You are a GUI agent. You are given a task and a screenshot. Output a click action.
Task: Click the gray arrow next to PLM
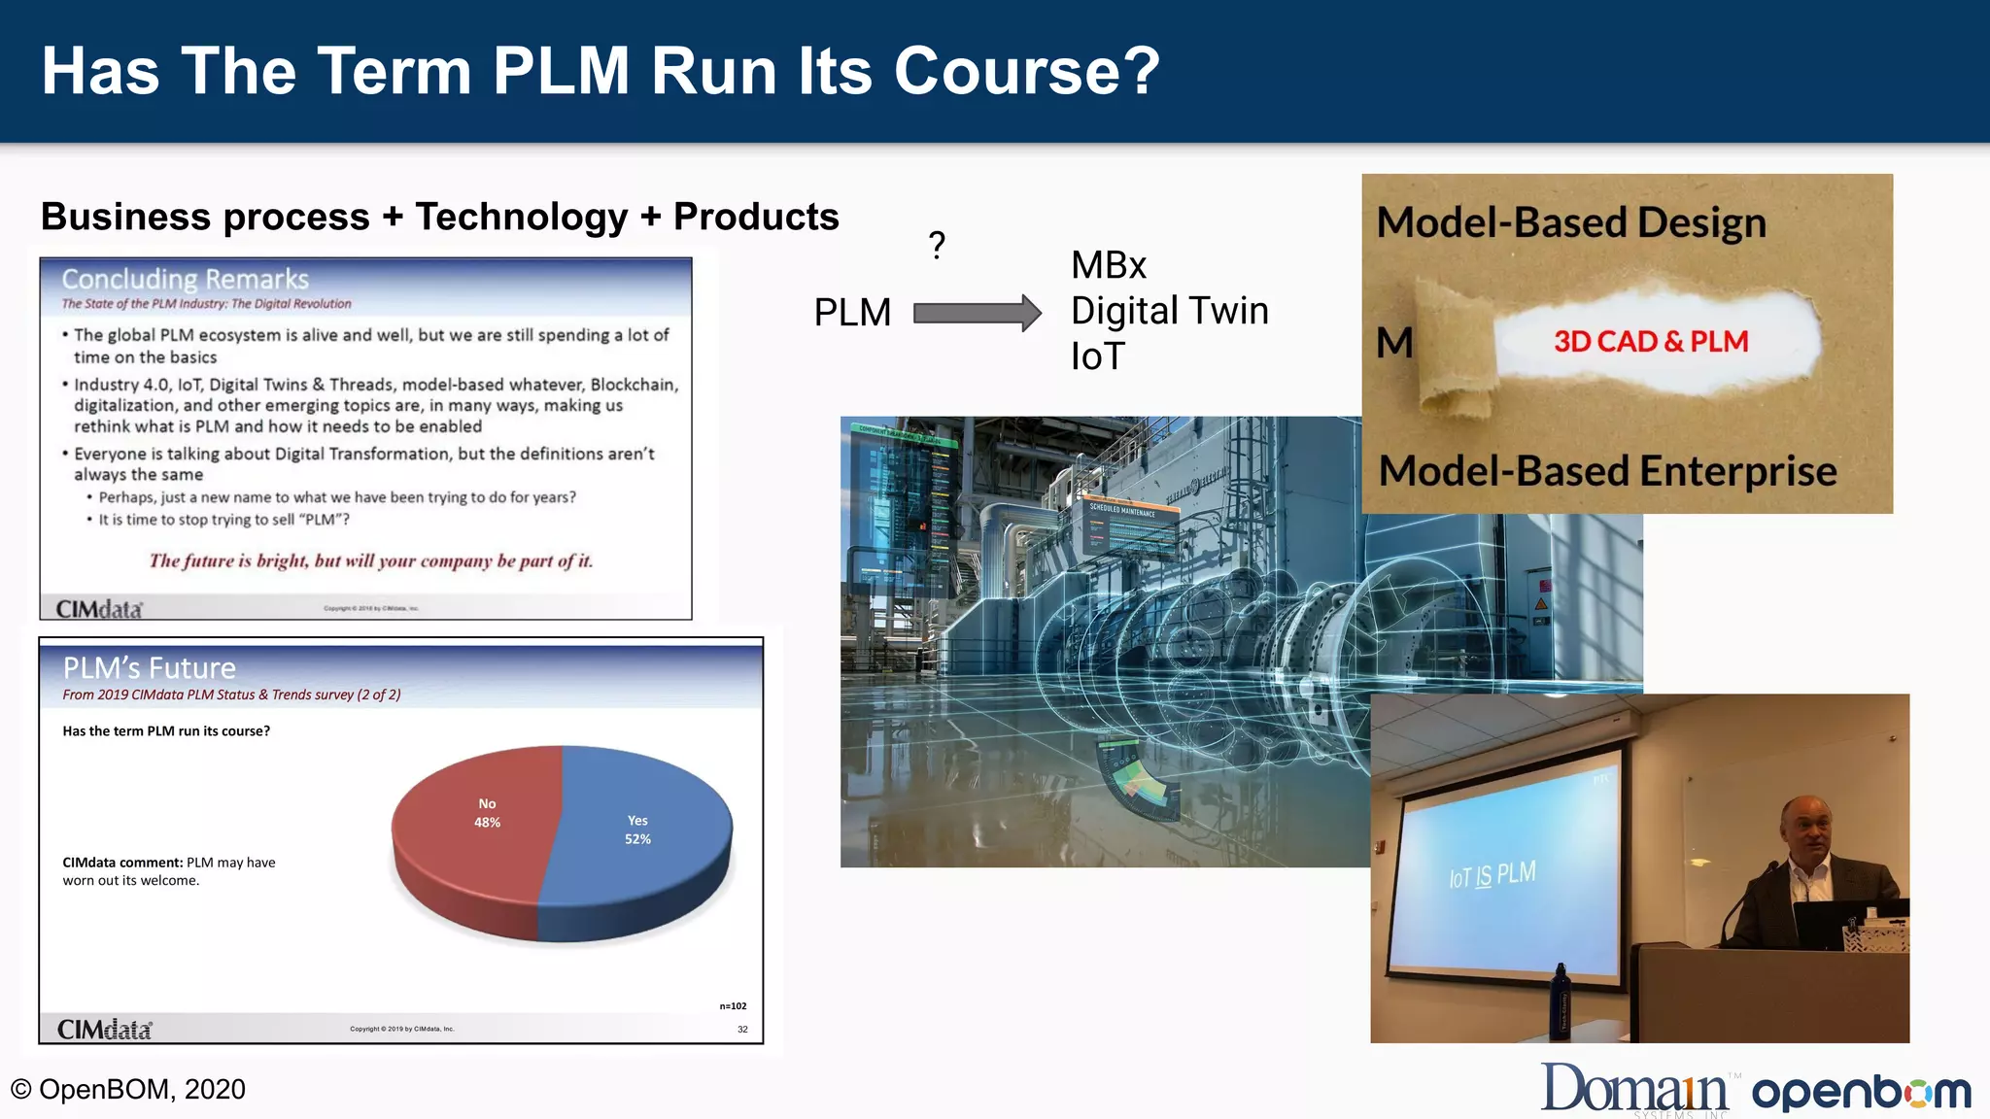[x=977, y=313]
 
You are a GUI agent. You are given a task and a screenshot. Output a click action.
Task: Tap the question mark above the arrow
[x=937, y=246]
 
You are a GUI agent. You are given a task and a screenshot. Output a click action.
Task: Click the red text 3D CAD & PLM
[x=1650, y=342]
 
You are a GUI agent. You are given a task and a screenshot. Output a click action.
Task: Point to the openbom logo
[x=1861, y=1093]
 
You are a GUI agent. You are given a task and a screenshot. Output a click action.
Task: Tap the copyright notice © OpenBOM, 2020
[x=128, y=1090]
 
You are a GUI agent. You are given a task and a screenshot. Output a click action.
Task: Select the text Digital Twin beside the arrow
[x=1169, y=311]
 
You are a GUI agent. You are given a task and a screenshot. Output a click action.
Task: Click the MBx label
[x=1109, y=265]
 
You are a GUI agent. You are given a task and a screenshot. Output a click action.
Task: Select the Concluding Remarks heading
[x=185, y=280]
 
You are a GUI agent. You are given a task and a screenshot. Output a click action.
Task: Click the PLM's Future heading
[x=150, y=668]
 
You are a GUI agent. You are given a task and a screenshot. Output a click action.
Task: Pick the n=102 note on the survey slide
[x=733, y=1006]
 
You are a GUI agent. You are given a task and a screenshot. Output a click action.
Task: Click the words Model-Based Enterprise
[x=1607, y=472]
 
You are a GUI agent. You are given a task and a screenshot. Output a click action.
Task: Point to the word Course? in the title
[x=1026, y=71]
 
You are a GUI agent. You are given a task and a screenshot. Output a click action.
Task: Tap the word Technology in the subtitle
[x=522, y=217]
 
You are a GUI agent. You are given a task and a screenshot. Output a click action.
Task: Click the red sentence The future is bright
[x=370, y=560]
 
